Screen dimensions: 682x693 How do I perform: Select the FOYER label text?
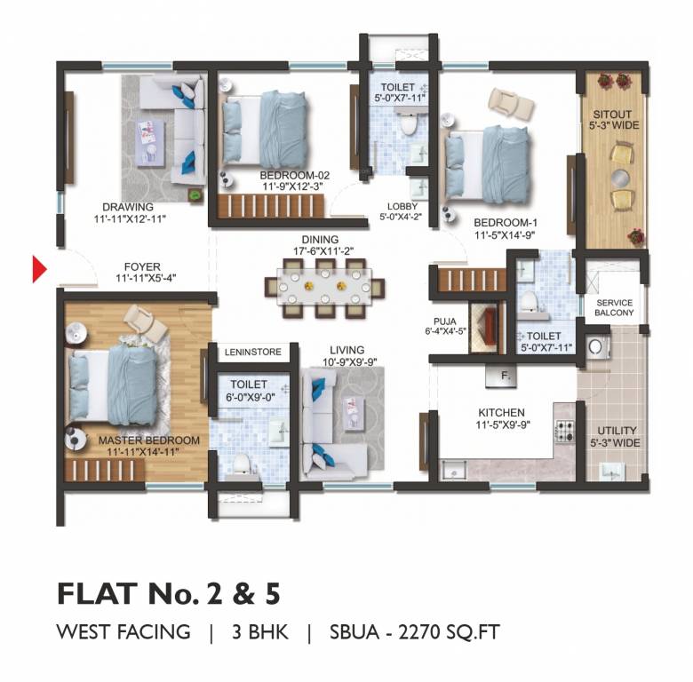tap(142, 265)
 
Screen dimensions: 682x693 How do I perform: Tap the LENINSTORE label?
tap(252, 353)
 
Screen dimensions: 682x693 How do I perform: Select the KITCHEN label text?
tap(501, 413)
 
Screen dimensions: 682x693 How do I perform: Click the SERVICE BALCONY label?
tap(614, 307)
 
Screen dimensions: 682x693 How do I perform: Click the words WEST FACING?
tap(123, 632)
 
